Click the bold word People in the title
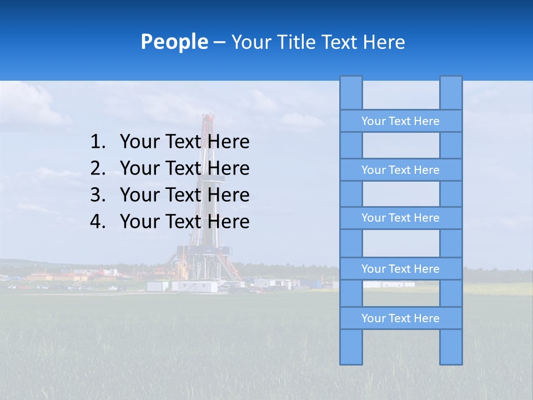(174, 42)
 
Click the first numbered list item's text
(184, 142)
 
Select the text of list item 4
(184, 222)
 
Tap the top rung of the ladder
(400, 121)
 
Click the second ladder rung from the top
(400, 170)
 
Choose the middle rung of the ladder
(400, 218)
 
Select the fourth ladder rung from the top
(400, 269)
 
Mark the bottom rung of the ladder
(400, 318)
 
